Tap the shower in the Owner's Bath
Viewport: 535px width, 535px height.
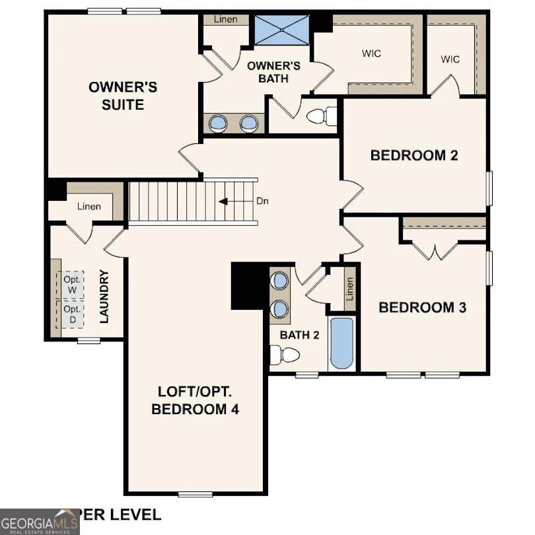click(x=281, y=30)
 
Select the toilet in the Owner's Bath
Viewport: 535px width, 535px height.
click(x=322, y=116)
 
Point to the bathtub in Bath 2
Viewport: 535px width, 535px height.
click(x=341, y=343)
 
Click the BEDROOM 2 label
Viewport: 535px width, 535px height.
click(x=414, y=156)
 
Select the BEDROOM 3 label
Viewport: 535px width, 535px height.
click(x=423, y=307)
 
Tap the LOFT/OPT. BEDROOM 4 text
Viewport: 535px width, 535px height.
click(x=195, y=400)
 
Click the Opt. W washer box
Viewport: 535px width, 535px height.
click(x=72, y=285)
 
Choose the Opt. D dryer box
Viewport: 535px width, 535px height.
click(x=72, y=314)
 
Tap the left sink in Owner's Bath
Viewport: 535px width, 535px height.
click(x=218, y=123)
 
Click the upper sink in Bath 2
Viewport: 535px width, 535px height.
click(x=280, y=281)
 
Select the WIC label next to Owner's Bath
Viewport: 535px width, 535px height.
click(x=371, y=54)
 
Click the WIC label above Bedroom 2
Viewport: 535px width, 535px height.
click(x=450, y=59)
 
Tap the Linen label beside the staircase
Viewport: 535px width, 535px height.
click(x=89, y=207)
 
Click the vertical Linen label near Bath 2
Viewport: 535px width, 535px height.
click(x=349, y=288)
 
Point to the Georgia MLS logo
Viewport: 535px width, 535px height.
click(x=40, y=521)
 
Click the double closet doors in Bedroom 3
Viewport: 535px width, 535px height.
click(x=435, y=251)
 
